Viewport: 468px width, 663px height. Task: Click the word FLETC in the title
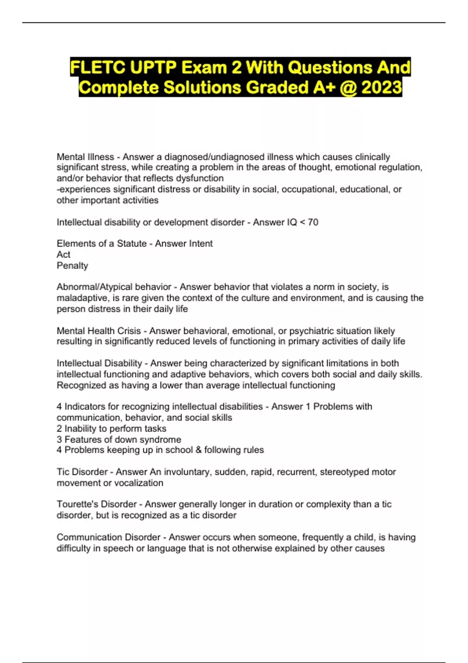(98, 68)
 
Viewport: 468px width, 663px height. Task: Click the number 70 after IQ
(313, 222)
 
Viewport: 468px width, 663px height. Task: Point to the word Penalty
(73, 266)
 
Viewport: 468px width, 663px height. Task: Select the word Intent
(201, 244)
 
